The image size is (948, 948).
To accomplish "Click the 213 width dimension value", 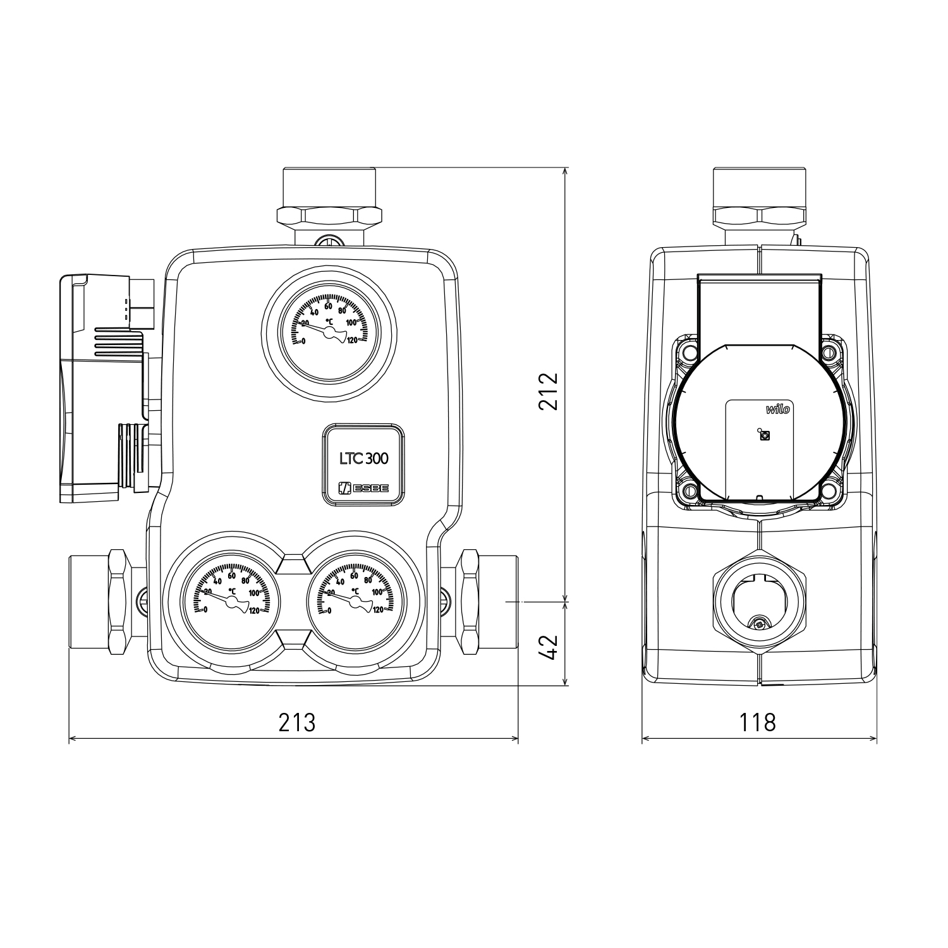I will [x=297, y=722].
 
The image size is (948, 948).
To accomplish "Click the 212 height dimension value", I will [x=549, y=392].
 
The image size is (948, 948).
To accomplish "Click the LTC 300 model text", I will [x=363, y=458].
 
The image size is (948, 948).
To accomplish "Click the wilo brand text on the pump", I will [x=778, y=410].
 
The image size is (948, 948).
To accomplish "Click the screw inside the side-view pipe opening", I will [x=760, y=624].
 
